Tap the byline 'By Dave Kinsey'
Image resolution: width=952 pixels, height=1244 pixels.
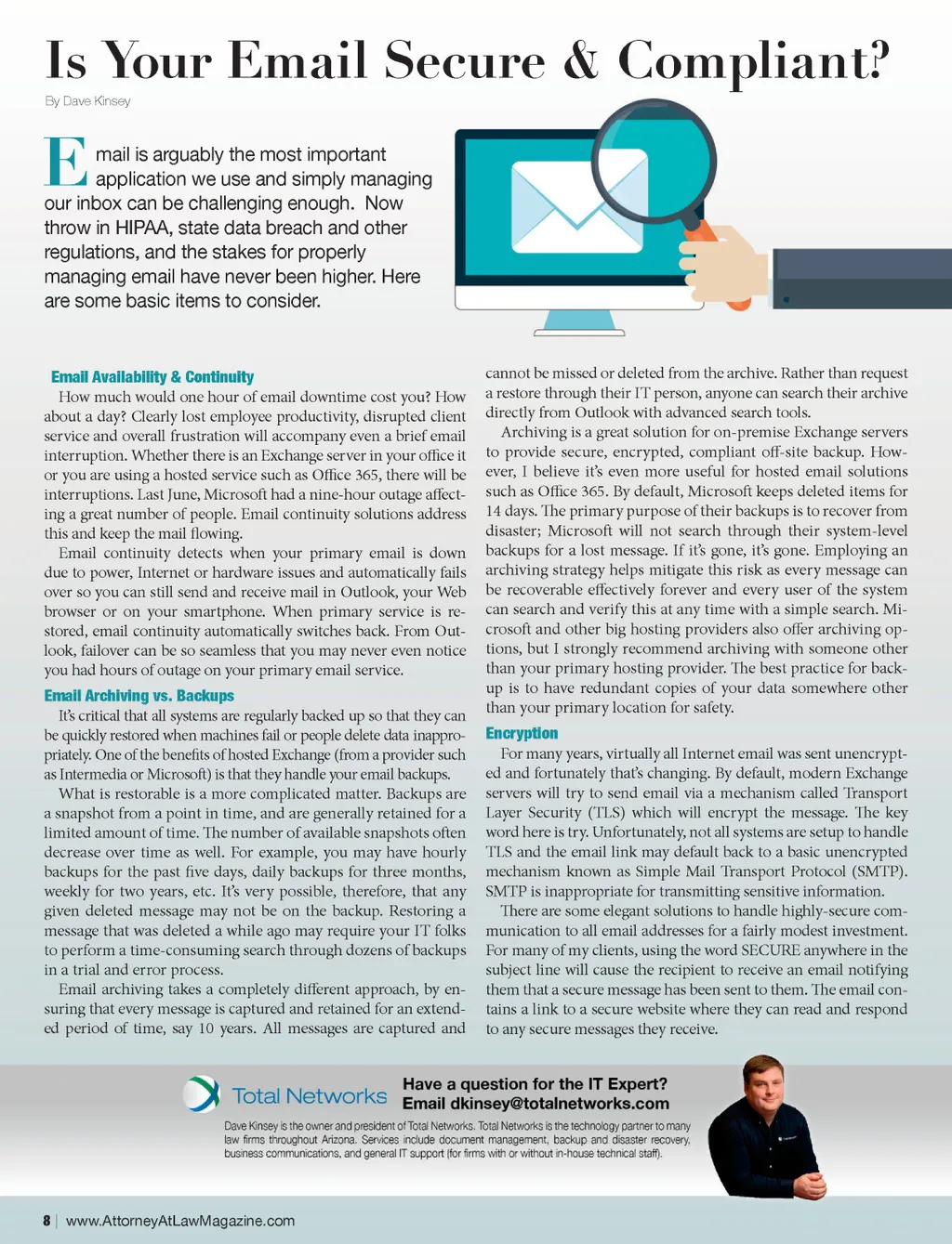(x=87, y=100)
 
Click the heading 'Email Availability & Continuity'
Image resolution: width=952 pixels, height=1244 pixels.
(x=152, y=376)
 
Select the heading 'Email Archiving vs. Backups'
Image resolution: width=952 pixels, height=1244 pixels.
(x=139, y=695)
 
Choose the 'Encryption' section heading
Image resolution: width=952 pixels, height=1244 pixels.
(x=522, y=733)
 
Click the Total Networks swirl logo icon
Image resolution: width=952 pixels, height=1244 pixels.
(x=202, y=1093)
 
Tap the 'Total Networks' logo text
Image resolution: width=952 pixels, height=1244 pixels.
(x=309, y=1096)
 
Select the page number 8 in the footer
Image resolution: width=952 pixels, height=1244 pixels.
(x=46, y=1220)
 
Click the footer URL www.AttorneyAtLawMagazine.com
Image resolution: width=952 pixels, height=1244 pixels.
(x=180, y=1220)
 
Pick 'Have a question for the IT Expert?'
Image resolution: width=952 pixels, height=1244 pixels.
(x=535, y=1083)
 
